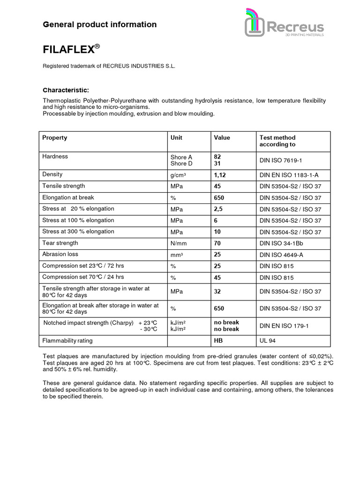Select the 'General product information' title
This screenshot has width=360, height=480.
tap(99, 24)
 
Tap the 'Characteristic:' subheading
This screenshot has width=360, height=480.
tap(66, 90)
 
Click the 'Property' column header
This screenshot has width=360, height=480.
tap(55, 138)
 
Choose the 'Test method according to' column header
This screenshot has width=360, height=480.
tap(277, 141)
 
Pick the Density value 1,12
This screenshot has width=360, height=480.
tap(220, 175)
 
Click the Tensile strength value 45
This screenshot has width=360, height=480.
tap(217, 186)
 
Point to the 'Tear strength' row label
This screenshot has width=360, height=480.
tap(60, 243)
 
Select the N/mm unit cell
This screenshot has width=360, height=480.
tap(179, 244)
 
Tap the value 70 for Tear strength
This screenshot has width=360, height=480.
tap(217, 244)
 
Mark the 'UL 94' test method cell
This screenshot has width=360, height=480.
tap(268, 341)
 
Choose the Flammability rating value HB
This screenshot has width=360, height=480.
tap(218, 341)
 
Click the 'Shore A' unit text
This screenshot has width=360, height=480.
tap(181, 157)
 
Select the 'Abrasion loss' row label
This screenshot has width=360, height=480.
tap(60, 255)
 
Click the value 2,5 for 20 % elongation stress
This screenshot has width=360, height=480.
tap(218, 209)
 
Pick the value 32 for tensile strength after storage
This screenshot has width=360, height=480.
tap(217, 292)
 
